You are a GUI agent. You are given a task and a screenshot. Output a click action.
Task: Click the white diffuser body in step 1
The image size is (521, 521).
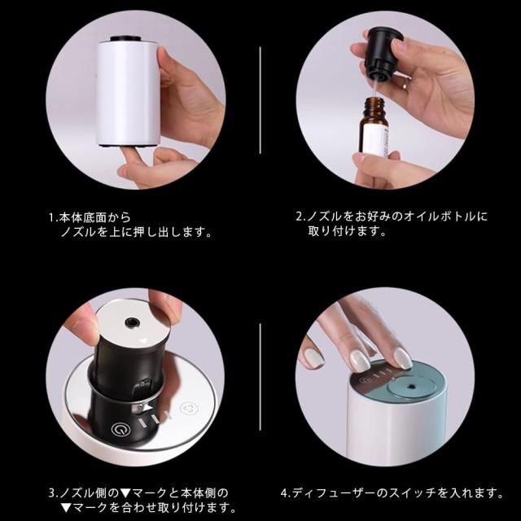click(129, 93)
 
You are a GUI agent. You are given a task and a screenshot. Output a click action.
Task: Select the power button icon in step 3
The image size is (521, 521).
click(119, 430)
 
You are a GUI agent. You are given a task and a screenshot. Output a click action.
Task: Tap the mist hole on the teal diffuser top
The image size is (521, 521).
click(412, 387)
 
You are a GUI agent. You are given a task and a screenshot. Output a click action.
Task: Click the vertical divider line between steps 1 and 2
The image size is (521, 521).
click(260, 100)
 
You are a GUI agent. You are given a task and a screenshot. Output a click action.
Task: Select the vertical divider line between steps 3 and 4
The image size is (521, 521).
click(260, 376)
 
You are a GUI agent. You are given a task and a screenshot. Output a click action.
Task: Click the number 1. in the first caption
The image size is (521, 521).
click(54, 217)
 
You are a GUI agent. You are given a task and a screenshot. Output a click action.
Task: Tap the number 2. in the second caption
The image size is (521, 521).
click(301, 217)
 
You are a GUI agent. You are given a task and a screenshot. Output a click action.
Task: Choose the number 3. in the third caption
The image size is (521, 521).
click(54, 493)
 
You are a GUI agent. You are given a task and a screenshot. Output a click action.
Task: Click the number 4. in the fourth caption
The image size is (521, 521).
click(287, 493)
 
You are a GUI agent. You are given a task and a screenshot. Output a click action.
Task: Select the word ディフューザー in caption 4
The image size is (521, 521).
click(335, 493)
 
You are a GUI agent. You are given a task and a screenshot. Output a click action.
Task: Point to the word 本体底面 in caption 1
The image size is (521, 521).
click(82, 217)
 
